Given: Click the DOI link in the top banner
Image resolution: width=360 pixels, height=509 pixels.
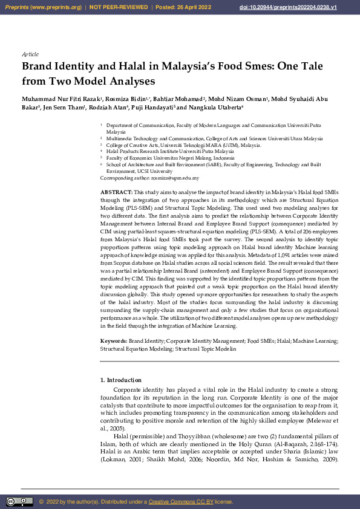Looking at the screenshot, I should tap(296, 7).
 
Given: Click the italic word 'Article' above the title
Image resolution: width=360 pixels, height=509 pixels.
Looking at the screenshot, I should tap(30, 54).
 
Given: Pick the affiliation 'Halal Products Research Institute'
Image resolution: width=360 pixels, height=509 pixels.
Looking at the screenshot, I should tap(143, 151).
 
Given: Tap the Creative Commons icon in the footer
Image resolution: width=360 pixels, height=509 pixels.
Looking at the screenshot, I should tap(19, 501).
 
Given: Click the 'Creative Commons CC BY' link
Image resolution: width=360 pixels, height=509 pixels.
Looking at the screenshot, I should tap(180, 502).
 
